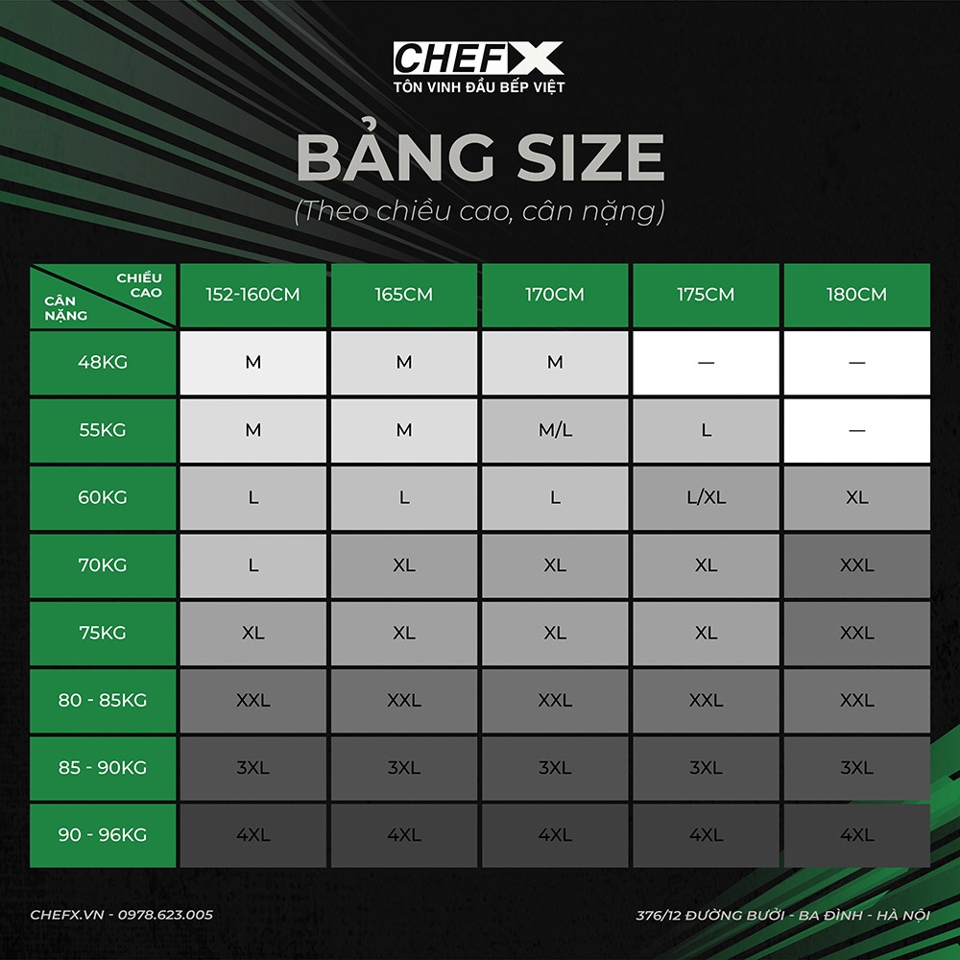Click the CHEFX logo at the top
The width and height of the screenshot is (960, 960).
point(478,59)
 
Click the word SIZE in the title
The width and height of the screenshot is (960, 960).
point(590,157)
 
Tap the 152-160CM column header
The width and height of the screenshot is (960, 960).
point(252,295)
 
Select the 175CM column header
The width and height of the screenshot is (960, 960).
point(706,295)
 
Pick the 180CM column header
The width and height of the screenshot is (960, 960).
point(856,295)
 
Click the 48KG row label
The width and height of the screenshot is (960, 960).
point(103,363)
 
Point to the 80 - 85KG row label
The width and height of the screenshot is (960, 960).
point(103,700)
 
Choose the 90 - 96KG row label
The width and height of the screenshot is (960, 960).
point(103,834)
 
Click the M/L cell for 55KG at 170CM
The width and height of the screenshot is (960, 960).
point(555,430)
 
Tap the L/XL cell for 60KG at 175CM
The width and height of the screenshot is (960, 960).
point(706,497)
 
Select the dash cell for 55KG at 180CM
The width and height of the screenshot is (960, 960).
point(856,430)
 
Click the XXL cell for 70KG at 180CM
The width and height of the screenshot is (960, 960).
point(856,565)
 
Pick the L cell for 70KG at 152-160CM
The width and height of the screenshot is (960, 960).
point(252,565)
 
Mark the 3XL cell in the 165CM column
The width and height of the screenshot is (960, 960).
point(404,767)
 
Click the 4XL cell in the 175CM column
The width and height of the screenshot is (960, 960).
point(706,834)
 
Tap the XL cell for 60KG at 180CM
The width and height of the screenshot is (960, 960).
point(856,497)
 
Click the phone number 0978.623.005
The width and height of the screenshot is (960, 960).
point(165,915)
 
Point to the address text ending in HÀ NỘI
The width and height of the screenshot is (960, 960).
point(782,915)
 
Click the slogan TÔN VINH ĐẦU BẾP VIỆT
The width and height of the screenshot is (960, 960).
point(479,87)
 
